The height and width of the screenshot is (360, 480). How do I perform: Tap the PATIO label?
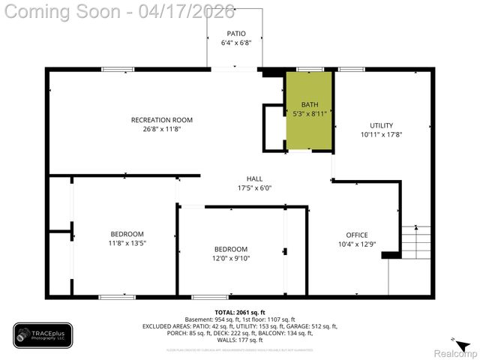235,34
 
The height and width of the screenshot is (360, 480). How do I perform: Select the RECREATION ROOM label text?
161,120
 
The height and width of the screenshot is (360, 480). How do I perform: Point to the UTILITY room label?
381,125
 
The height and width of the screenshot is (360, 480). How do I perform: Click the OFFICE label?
356,235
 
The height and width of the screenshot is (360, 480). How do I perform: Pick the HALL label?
254,178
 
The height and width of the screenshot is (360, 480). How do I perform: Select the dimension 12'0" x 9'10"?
231,259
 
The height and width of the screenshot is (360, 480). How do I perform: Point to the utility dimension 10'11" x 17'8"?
381,135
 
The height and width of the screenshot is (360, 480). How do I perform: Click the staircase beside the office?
416,241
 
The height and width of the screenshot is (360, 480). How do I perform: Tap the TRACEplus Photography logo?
43,335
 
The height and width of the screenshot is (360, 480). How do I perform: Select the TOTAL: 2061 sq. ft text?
239,311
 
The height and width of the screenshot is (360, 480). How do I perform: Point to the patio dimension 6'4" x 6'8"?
235,43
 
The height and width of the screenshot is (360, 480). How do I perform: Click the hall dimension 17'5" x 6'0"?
254,188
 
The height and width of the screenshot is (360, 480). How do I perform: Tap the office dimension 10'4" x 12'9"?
356,244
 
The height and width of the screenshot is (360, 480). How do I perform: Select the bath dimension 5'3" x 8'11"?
310,114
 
